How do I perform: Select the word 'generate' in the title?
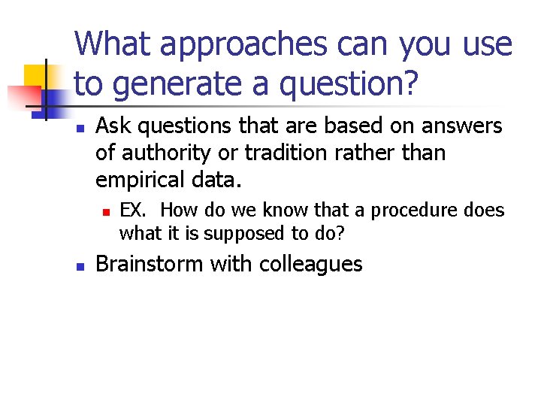click(189, 84)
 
